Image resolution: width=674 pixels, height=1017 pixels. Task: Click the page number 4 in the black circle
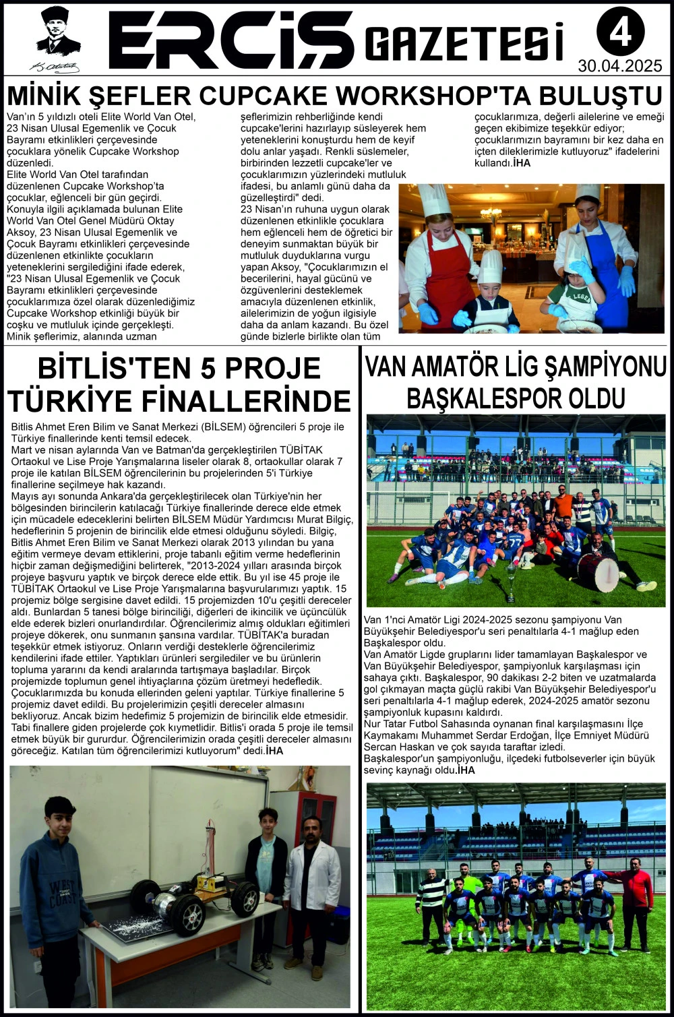pos(620,32)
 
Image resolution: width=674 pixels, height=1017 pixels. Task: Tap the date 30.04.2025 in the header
pos(620,66)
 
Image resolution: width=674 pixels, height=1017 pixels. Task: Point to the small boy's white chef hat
pos(490,266)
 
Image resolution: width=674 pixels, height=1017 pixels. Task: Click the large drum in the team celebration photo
pos(597,572)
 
